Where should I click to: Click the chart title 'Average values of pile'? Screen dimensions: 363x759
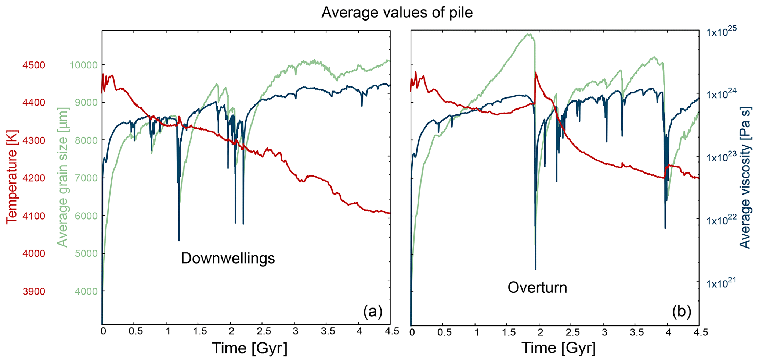tap(397, 13)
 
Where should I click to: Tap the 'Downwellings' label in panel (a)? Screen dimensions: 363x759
tap(228, 259)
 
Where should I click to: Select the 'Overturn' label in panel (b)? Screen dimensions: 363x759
tap(537, 287)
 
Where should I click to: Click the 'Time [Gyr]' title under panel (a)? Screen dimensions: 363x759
tap(249, 348)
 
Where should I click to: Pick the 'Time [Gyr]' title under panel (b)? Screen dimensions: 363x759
tap(558, 348)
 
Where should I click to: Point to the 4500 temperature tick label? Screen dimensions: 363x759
tap(33, 65)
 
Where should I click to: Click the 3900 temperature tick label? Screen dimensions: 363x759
tap(33, 292)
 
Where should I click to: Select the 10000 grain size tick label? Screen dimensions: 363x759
tap(83, 65)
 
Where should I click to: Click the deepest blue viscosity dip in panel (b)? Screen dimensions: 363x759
tap(535, 269)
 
